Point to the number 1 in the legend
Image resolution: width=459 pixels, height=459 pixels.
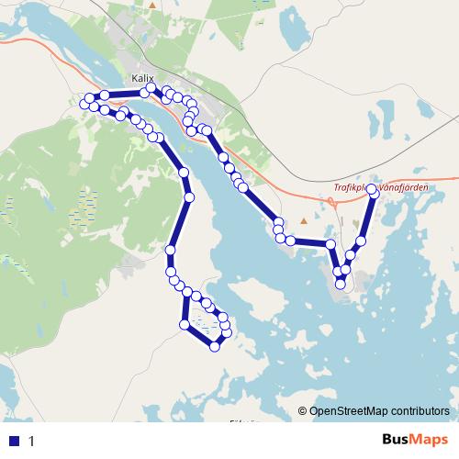tap(32, 441)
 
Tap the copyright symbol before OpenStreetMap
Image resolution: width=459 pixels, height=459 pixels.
tap(304, 411)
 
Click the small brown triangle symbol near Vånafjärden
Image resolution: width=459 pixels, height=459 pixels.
tap(304, 221)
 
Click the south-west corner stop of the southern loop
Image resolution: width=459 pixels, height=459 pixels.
tap(185, 325)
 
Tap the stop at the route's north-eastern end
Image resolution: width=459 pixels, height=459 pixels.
tap(372, 175)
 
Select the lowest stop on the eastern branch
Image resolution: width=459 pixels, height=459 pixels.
tap(341, 284)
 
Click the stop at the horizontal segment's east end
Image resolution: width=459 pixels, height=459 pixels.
tap(330, 243)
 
